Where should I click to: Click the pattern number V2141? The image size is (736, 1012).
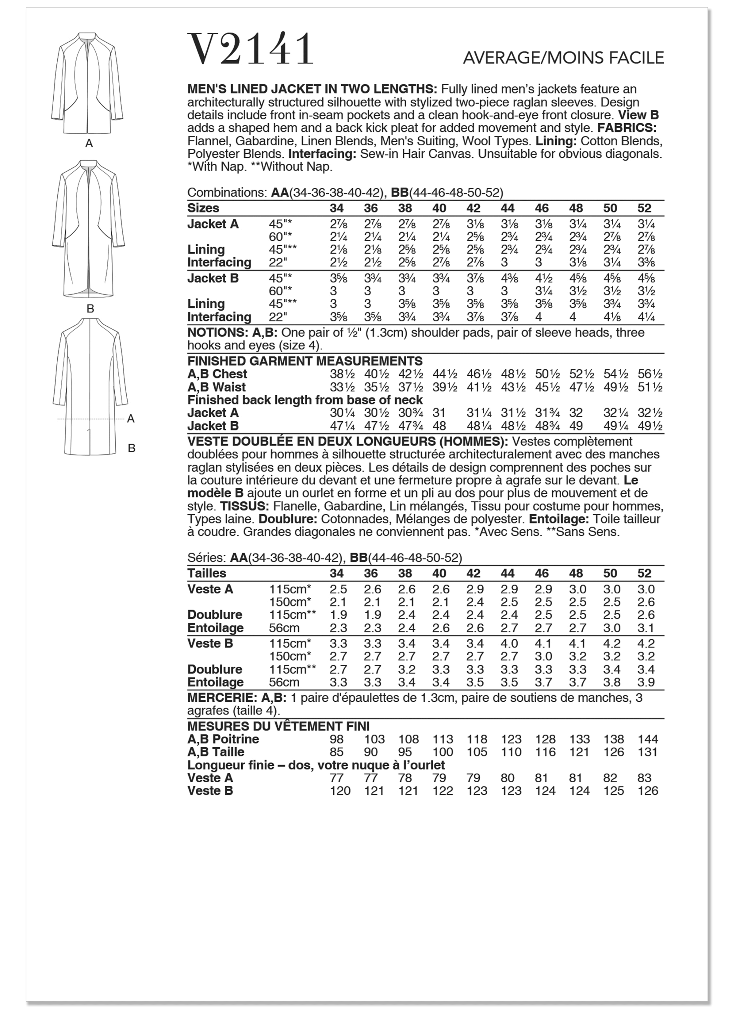pos(251,50)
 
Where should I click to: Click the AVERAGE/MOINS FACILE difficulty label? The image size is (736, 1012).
pos(563,58)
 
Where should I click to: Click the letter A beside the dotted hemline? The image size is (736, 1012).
pos(131,419)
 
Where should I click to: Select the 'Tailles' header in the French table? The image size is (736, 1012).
pos(207,573)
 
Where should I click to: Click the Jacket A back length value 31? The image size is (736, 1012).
pos(439,413)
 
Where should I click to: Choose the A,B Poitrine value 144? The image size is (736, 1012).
pos(648,739)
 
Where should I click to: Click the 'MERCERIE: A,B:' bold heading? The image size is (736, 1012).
pos(236,698)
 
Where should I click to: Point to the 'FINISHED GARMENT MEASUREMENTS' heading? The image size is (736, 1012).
pos(305,361)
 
